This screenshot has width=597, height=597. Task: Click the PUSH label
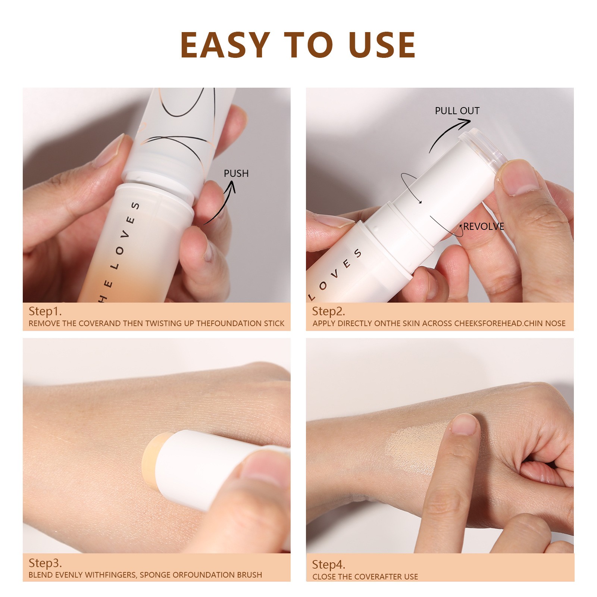pyautogui.click(x=236, y=174)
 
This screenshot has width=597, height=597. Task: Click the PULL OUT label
pyautogui.click(x=457, y=111)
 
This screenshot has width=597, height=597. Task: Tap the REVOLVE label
pyautogui.click(x=484, y=226)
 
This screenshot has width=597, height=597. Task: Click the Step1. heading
pyautogui.click(x=45, y=311)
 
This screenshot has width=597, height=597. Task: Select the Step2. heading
pyautogui.click(x=328, y=311)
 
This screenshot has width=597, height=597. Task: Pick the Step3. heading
pyautogui.click(x=45, y=563)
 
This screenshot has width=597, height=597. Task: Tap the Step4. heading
pyautogui.click(x=328, y=564)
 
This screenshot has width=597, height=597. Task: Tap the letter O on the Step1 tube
pyautogui.click(x=119, y=250)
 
